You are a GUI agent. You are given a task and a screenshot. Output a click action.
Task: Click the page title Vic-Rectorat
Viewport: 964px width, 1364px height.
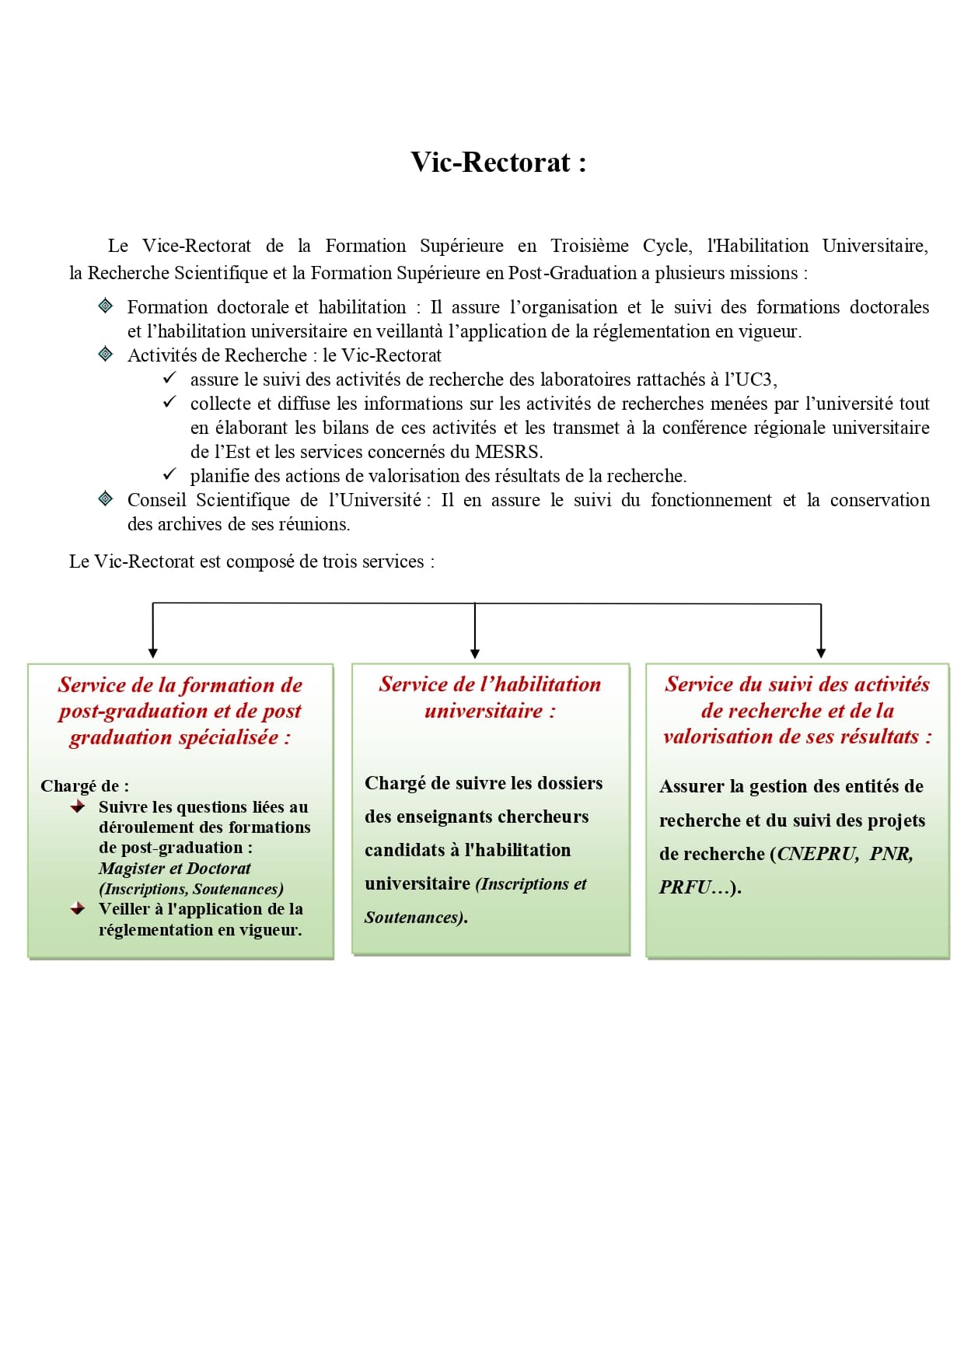click(x=498, y=163)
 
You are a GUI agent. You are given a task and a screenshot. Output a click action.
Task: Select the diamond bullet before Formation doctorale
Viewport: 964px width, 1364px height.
click(x=106, y=306)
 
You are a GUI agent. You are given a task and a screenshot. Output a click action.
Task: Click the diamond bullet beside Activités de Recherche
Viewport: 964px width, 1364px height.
click(x=106, y=355)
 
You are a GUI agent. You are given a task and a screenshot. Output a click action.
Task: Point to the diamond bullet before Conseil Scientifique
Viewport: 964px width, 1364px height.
click(x=106, y=498)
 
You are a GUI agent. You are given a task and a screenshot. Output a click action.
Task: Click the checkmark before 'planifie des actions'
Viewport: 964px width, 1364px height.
click(x=169, y=474)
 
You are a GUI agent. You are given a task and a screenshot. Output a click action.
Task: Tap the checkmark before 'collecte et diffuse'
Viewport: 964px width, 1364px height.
click(x=169, y=402)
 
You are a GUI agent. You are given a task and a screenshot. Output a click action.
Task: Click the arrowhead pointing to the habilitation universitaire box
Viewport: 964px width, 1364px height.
click(x=475, y=653)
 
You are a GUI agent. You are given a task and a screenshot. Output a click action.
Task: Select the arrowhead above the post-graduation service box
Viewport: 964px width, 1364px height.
click(x=153, y=653)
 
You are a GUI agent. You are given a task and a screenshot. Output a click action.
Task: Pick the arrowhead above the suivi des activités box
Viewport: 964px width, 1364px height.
click(x=821, y=653)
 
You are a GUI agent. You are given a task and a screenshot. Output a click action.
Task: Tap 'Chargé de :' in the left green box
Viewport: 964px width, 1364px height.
click(x=85, y=786)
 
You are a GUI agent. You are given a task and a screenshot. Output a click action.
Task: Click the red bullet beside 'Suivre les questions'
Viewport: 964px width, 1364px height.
click(x=78, y=807)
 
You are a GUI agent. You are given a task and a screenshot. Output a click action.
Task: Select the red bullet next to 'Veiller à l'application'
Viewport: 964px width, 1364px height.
click(x=78, y=908)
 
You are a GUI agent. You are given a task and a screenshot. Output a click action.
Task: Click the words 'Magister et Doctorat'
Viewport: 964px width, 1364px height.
click(x=175, y=868)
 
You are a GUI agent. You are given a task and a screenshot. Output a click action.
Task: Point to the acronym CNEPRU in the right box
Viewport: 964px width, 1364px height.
click(x=816, y=854)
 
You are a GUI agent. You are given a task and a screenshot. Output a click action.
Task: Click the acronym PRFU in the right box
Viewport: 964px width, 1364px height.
click(x=685, y=887)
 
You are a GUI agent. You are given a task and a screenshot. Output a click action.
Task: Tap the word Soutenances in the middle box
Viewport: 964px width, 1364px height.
click(x=413, y=918)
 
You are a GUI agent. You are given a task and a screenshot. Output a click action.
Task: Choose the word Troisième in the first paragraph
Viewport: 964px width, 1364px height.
click(x=589, y=246)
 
